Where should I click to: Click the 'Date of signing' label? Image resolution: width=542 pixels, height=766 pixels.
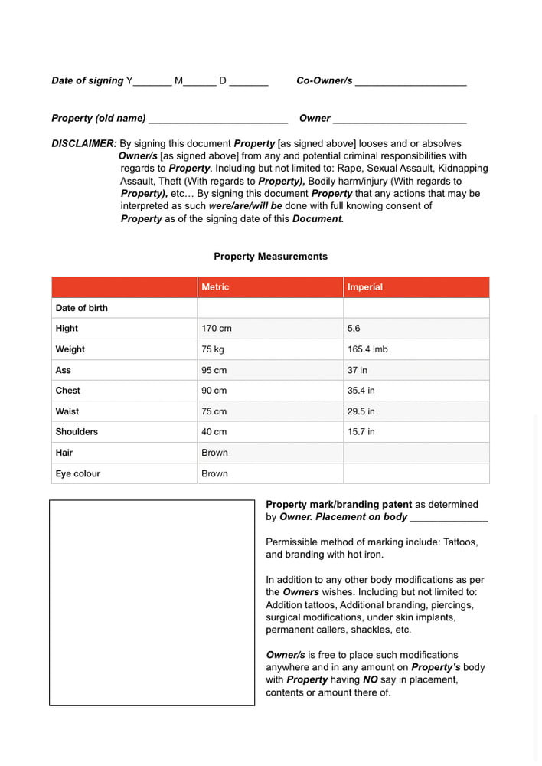point(87,80)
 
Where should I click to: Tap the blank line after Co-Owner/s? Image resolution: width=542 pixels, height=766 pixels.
point(410,82)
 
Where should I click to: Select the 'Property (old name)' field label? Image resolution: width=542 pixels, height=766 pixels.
point(98,118)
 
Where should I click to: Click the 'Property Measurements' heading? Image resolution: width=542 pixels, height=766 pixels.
point(270,257)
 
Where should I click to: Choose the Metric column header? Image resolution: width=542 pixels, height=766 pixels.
point(215,287)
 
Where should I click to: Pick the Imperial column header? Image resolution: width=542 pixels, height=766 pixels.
point(365,287)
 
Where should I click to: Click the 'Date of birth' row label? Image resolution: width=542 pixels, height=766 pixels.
point(82,308)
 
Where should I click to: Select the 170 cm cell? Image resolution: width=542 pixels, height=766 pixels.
point(217,329)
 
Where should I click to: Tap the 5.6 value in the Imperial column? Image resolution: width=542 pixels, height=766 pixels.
point(354,329)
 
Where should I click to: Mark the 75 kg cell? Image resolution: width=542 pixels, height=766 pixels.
point(213,349)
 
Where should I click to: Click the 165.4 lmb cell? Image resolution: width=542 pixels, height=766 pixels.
point(367,349)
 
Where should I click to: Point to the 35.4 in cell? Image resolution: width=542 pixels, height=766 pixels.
point(361,391)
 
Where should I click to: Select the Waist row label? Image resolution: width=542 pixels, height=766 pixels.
point(67,411)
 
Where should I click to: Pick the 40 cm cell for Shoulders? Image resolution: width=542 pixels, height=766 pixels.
point(214,432)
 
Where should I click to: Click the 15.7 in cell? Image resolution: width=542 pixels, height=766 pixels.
point(361,432)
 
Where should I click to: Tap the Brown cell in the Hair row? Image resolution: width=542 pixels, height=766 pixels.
point(214,453)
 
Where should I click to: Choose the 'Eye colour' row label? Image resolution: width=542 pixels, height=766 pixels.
point(78,473)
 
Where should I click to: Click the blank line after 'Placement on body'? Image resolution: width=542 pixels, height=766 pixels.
point(449,519)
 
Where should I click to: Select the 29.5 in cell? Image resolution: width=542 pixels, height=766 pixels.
point(361,411)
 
